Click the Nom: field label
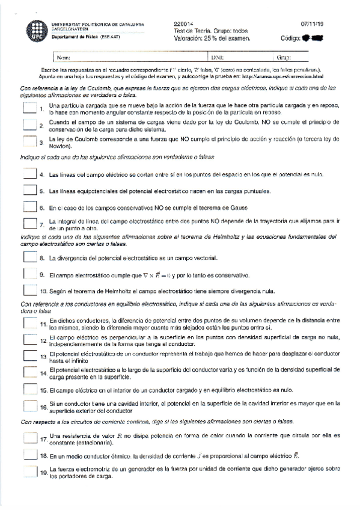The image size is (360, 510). pos(63,58)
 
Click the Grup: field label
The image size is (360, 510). pos(284,58)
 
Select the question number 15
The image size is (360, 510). pos(44,391)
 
